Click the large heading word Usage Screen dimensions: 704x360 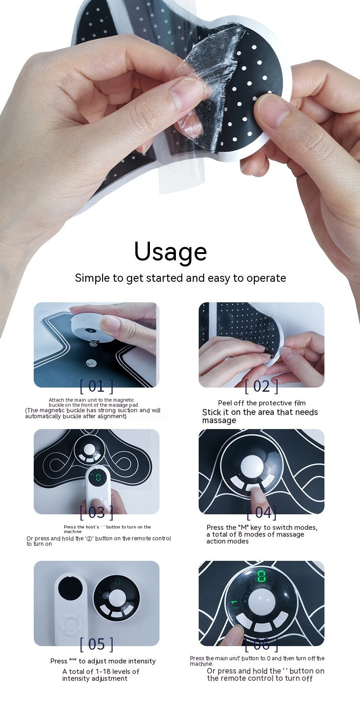pos(170,251)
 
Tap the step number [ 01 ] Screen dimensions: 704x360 pos(96,387)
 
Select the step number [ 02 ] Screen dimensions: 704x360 pos(261,387)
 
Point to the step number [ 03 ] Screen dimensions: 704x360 pos(96,512)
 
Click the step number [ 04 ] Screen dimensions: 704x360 pos(261,512)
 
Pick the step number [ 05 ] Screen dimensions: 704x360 pos(96,644)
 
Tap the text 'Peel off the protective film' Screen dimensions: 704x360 pos(262,403)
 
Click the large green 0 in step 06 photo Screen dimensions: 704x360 pos(262,577)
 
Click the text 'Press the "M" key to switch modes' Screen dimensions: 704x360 pos(262,528)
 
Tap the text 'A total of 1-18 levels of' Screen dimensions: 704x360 pos(101,672)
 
